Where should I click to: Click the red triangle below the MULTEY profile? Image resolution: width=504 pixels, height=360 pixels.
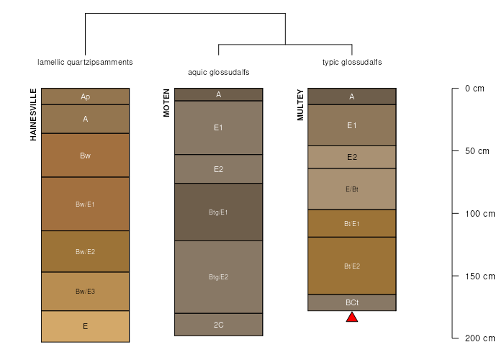coord(352,318)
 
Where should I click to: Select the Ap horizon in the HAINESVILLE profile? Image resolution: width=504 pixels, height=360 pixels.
coord(85,96)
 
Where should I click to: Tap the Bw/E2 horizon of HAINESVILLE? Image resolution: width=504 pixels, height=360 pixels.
coord(85,251)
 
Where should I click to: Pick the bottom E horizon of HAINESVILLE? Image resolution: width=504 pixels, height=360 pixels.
coord(85,326)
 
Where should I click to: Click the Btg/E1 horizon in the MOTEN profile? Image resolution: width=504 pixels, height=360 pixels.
coord(219,212)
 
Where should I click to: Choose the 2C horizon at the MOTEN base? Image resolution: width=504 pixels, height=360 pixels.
coord(219,325)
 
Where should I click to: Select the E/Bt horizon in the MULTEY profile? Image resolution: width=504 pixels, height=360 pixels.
coord(352,189)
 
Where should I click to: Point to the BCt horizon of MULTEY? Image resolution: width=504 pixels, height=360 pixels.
coord(352,302)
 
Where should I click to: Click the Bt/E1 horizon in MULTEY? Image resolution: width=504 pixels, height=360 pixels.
coord(352,223)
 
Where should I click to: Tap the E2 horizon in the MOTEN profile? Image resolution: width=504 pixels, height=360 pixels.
coord(219,169)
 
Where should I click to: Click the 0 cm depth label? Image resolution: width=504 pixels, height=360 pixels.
coord(474,89)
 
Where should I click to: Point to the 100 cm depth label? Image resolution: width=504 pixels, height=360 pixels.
coord(480,213)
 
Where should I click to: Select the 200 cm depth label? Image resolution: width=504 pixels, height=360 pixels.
coord(480,338)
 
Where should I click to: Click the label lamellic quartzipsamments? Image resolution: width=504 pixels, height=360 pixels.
coord(85,62)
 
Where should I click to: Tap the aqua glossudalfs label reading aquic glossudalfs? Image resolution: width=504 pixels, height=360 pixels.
coord(219,72)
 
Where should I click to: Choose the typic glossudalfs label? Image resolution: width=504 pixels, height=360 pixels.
coord(352,62)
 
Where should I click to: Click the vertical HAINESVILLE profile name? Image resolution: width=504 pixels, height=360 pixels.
coord(33,114)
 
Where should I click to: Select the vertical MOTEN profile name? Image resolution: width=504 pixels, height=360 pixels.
coord(166,103)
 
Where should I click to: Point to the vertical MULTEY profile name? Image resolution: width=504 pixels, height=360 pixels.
coord(300,105)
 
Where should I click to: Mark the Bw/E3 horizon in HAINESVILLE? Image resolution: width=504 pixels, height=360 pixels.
coord(85,291)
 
